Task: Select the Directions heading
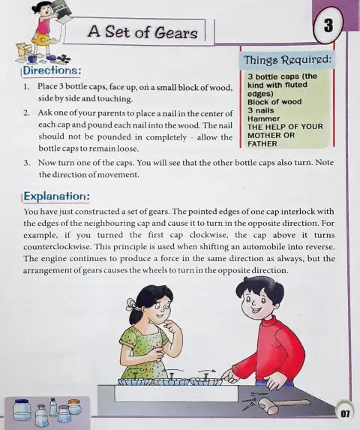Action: [52, 71]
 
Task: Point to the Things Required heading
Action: [287, 59]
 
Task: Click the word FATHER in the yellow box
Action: [262, 143]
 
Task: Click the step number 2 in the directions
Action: [26, 113]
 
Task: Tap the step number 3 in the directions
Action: [26, 162]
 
